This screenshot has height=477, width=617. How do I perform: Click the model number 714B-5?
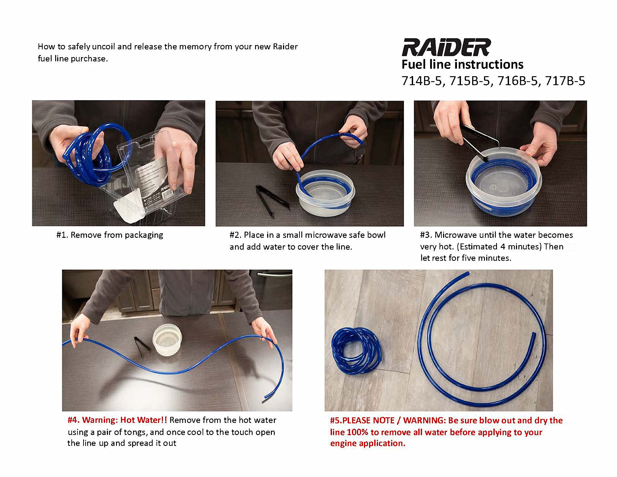(421, 81)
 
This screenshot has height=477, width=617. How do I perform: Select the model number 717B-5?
(565, 81)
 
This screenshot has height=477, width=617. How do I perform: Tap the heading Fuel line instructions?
(462, 64)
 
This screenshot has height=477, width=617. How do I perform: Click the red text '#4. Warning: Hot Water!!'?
(117, 420)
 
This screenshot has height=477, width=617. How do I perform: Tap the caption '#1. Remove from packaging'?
(110, 235)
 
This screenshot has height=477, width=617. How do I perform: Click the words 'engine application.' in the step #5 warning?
(368, 443)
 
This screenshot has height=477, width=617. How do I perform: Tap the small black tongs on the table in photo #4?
(142, 346)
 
